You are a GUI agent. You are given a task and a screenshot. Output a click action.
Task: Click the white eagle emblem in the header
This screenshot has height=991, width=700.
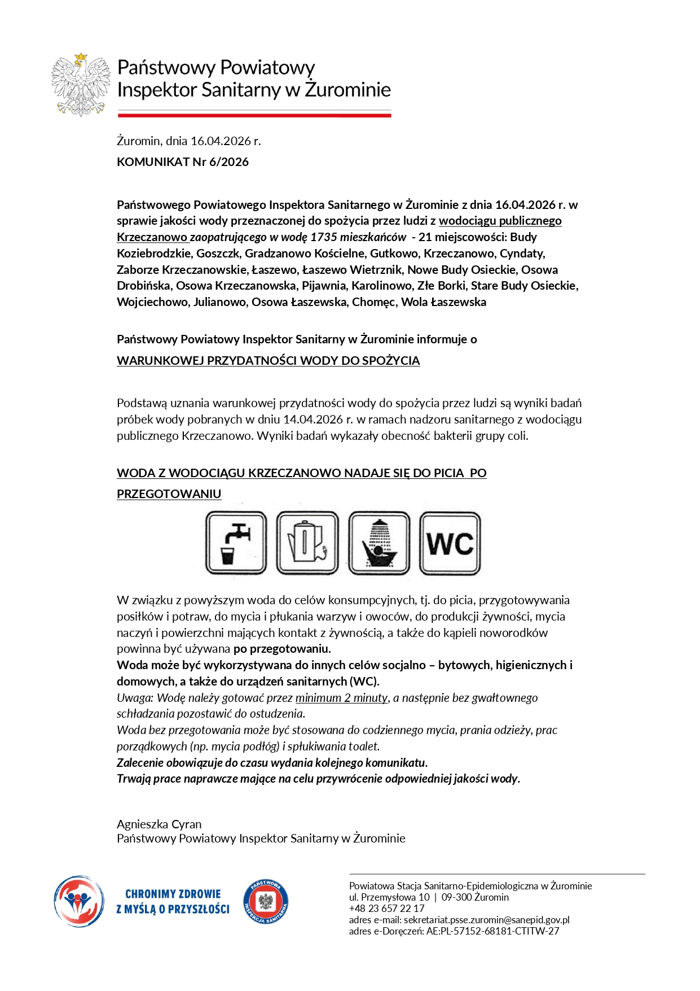coord(81,85)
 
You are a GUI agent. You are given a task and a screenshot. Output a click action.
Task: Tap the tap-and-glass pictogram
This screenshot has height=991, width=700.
coord(236,543)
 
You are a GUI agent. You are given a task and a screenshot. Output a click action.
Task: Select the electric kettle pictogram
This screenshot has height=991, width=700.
coord(307,543)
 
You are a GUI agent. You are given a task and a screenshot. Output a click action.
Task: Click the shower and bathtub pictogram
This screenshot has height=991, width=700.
coord(379,543)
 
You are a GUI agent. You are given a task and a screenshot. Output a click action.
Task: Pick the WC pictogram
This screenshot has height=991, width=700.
coord(450,543)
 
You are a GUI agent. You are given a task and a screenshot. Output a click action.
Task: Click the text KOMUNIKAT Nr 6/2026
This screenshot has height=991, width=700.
coord(182,162)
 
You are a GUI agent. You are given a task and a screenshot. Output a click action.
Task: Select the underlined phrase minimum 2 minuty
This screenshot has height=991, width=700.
coord(341,698)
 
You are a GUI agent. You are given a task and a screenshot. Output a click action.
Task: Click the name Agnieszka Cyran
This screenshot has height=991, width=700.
coord(159,824)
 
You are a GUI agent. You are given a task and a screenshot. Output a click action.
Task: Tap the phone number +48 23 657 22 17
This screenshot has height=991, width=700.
coord(386,909)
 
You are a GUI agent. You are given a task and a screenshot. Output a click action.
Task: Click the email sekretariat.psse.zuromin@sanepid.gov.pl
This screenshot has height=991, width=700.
coord(486,920)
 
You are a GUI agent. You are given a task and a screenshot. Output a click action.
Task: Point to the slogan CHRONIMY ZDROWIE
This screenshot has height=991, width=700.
coord(173,894)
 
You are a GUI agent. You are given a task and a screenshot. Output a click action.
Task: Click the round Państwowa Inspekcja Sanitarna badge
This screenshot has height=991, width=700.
coord(266,902)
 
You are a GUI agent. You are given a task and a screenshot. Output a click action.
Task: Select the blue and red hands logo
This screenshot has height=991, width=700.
coord(79,902)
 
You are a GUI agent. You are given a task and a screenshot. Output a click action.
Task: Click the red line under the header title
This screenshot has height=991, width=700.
coord(254,115)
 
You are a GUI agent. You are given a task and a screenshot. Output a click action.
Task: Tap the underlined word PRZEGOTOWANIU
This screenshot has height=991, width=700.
coord(169,494)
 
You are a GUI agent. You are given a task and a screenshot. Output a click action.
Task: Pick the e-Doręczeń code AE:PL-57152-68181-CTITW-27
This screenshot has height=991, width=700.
coord(492,931)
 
